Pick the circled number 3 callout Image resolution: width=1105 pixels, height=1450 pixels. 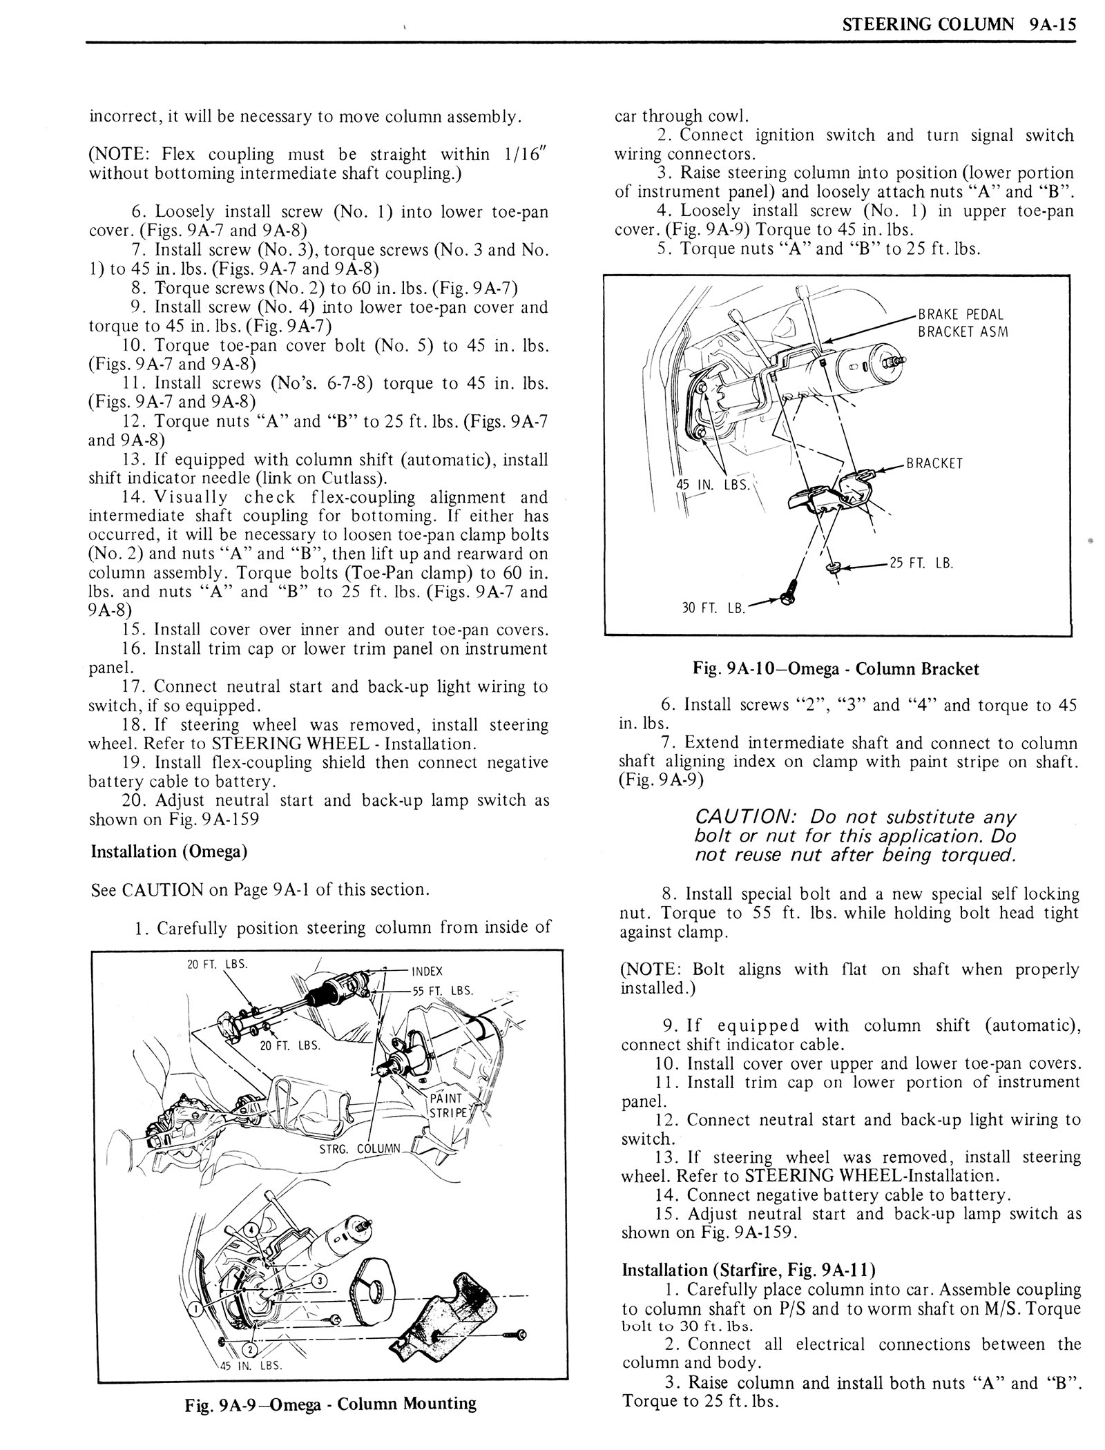coord(318,1282)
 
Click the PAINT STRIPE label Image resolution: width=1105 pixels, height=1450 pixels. coord(448,1105)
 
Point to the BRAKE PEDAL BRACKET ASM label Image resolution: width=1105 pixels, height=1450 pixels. coord(961,323)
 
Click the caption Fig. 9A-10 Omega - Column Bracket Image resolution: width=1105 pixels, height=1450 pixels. coord(836,668)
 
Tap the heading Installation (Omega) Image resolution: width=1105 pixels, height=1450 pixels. coord(169,851)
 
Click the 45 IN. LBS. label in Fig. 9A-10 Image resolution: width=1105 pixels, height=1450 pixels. coord(711,484)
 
